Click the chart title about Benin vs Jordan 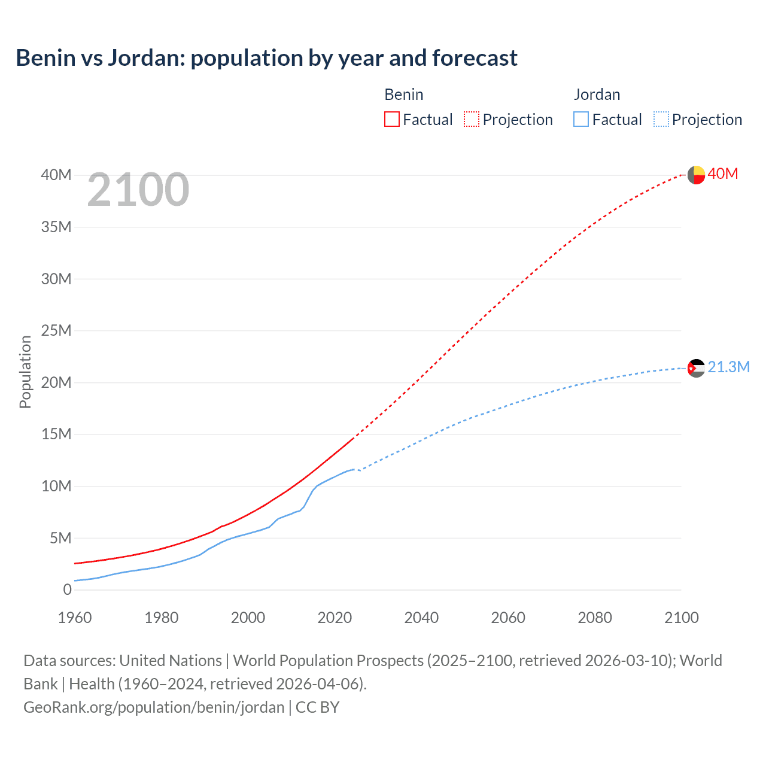266,58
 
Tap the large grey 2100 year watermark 138,190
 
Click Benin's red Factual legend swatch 391,119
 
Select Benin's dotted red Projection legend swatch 472,119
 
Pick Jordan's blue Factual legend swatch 580,119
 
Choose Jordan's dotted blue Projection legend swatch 661,119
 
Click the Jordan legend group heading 597,95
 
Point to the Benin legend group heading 403,95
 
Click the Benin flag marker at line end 696,175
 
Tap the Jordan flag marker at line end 696,368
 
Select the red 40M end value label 722,174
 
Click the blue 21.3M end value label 728,367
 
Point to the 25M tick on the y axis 56,330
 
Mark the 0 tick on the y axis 67,589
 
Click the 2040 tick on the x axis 421,618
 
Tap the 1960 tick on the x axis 75,618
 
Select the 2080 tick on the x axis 595,618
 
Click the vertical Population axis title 25,372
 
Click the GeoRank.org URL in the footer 154,707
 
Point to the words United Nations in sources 171,661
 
